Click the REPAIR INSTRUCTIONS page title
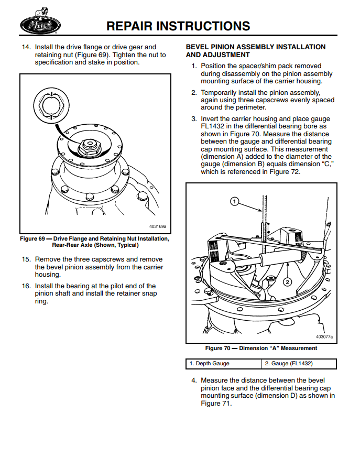178,26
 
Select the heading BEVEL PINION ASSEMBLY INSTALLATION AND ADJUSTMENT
256,51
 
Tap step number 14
26,47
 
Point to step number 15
26,259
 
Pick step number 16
26,286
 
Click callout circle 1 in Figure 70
235,201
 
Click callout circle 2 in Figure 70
287,282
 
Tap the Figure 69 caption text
94,242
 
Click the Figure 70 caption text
261,348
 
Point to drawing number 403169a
157,227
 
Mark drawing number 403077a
324,337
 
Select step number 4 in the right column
194,380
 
